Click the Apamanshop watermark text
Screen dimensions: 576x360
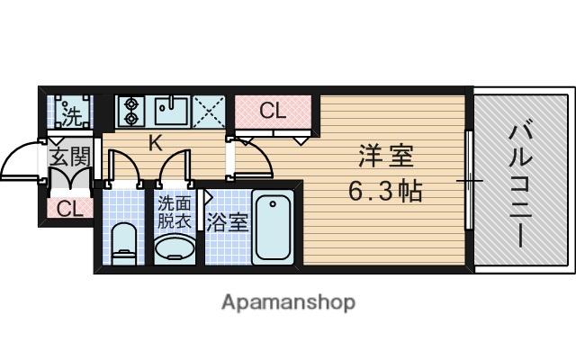click(x=288, y=302)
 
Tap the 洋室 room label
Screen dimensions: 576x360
click(x=386, y=156)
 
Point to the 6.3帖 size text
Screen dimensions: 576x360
click(x=385, y=191)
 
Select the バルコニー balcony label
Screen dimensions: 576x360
click(x=520, y=185)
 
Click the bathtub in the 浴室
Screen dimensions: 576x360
click(x=273, y=227)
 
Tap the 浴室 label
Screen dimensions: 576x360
click(x=228, y=222)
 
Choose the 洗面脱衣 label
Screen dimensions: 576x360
click(x=175, y=212)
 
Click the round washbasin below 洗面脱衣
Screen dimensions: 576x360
click(x=175, y=248)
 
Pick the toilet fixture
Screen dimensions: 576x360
click(x=124, y=244)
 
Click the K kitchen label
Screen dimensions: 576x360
click(x=156, y=144)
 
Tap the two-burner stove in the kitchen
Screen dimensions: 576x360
click(x=131, y=112)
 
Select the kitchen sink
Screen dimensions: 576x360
click(x=172, y=112)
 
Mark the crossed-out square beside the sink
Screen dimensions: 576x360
click(x=209, y=112)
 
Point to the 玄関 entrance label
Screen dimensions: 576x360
click(x=70, y=157)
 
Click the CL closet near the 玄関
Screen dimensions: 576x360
click(x=69, y=209)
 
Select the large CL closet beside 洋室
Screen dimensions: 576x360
click(x=273, y=112)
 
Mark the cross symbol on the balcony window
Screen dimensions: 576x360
click(x=470, y=181)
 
